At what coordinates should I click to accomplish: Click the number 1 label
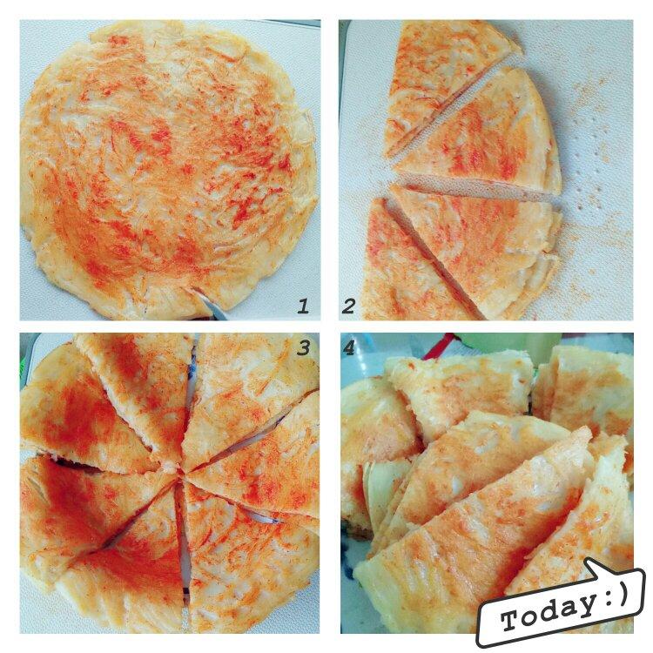[x=303, y=306]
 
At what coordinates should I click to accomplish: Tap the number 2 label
[x=348, y=306]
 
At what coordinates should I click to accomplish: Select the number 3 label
[x=303, y=347]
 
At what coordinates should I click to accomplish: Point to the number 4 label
[x=348, y=348]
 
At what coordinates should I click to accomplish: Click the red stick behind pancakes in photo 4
[x=437, y=345]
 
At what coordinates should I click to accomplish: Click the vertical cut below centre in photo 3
[x=183, y=542]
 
